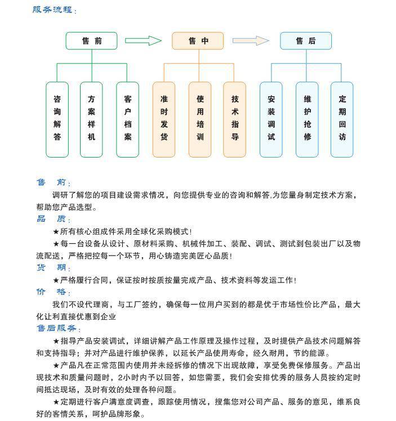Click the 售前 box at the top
click(91, 41)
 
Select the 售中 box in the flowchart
click(198, 41)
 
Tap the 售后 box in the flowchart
click(305, 41)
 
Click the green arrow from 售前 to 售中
click(143, 41)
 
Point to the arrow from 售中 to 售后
click(251, 41)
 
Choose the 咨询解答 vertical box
click(57, 119)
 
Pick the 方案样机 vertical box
click(91, 119)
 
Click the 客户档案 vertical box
click(128, 119)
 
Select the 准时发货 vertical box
click(164, 119)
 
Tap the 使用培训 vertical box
click(200, 119)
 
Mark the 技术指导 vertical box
click(235, 119)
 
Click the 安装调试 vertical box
click(271, 119)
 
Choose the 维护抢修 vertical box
click(307, 119)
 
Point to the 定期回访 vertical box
click(342, 119)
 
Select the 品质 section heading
click(52, 220)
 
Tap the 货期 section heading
click(52, 268)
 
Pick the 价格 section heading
click(52, 292)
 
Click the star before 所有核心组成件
click(56, 231)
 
